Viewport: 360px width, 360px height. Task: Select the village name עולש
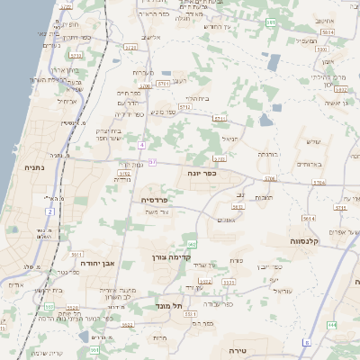coord(313,141)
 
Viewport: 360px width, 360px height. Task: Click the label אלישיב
coord(152,37)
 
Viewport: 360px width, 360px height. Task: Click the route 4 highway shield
coord(141,145)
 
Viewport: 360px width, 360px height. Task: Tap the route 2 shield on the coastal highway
coord(49,211)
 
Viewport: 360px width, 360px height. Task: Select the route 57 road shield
coord(153,162)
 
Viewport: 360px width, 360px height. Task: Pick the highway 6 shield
coord(306,342)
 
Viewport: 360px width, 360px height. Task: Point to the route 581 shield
coord(270,22)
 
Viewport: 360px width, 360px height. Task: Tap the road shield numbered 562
coord(191,244)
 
